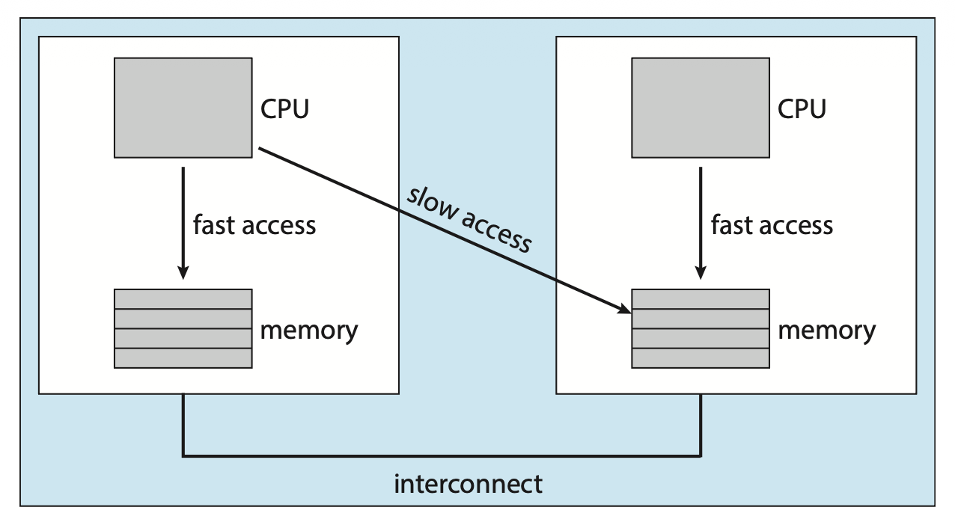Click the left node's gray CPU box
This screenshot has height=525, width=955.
(183, 108)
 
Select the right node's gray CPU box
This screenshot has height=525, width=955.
(700, 108)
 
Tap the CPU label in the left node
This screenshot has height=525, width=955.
(284, 108)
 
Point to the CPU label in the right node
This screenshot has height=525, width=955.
(802, 108)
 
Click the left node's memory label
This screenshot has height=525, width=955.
(308, 330)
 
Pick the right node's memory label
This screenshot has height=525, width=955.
(826, 330)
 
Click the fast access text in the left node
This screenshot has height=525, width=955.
(254, 224)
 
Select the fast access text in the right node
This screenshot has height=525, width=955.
(772, 224)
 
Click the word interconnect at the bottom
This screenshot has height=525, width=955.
(468, 484)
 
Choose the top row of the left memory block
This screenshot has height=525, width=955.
(183, 298)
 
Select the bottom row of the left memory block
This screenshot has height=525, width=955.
(183, 358)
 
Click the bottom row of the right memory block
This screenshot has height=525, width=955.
(700, 358)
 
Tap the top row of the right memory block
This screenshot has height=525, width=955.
(700, 298)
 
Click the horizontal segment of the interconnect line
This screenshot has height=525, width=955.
(442, 454)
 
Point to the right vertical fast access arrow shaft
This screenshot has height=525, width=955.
(701, 217)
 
